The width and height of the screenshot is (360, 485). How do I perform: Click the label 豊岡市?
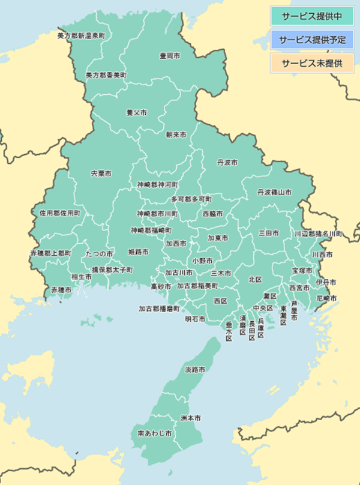170,56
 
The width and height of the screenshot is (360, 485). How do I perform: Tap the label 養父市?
136,112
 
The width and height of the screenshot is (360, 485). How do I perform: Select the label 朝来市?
176,134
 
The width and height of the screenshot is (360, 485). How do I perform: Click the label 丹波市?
227,163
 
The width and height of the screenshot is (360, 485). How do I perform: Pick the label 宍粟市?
101,173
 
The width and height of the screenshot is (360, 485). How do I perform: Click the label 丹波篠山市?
274,192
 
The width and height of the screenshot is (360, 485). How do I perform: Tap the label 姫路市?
139,251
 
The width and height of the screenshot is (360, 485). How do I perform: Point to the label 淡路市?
195,369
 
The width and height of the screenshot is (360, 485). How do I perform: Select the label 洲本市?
190,417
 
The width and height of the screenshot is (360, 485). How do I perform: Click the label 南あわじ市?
155,433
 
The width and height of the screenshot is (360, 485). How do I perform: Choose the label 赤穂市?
61,289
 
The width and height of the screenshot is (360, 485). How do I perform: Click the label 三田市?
268,232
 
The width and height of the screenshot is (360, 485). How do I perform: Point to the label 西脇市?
212,214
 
